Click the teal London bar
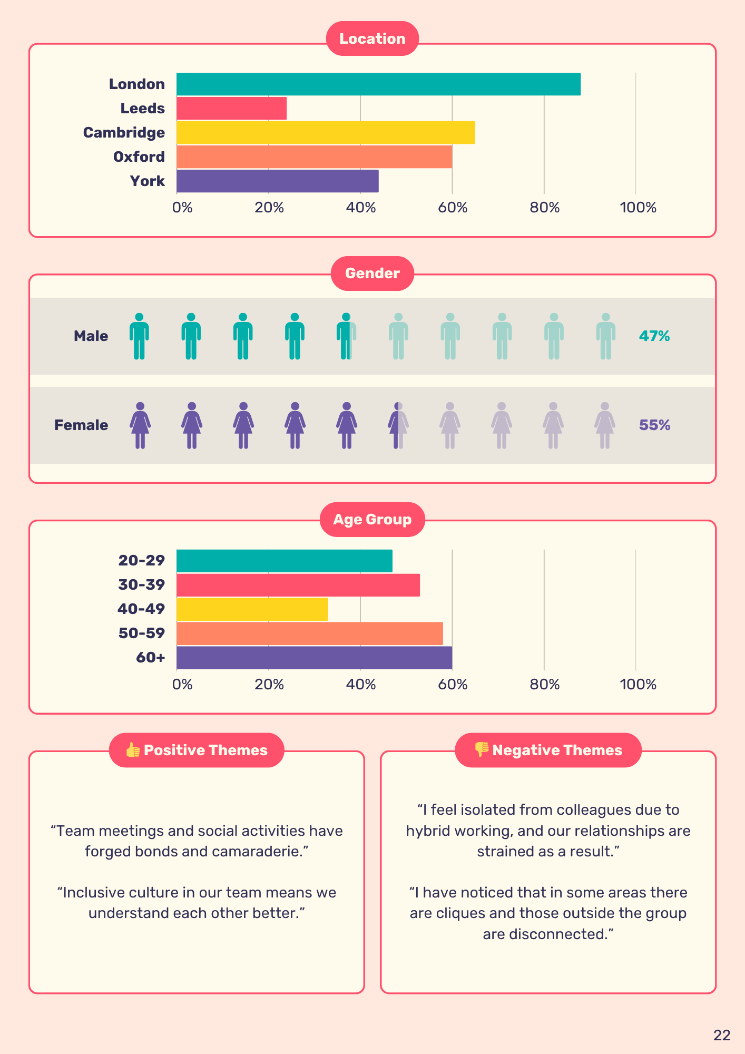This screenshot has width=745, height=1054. tap(378, 84)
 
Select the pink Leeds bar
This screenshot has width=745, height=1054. tap(231, 109)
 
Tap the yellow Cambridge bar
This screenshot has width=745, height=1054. tap(326, 133)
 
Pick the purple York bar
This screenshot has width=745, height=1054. tap(277, 181)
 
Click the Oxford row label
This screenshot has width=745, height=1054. tap(139, 157)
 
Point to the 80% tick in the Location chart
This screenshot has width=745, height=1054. tap(544, 208)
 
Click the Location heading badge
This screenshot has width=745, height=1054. tap(372, 38)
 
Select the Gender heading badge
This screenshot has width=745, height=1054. tap(372, 273)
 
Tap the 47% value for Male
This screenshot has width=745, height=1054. tap(654, 336)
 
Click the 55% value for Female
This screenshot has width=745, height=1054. tap(654, 425)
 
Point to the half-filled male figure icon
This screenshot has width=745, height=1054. tap(347, 336)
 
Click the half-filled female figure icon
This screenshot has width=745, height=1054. tap(398, 425)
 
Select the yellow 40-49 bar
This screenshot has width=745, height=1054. tap(252, 609)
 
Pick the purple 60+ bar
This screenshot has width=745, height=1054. tap(314, 658)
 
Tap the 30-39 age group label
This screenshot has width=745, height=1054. tap(141, 585)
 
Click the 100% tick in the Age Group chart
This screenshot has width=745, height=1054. tap(638, 685)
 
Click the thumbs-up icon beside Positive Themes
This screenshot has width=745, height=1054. tap(133, 750)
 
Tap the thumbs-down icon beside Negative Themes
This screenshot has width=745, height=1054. tap(482, 750)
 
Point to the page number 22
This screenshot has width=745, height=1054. tap(722, 1036)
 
